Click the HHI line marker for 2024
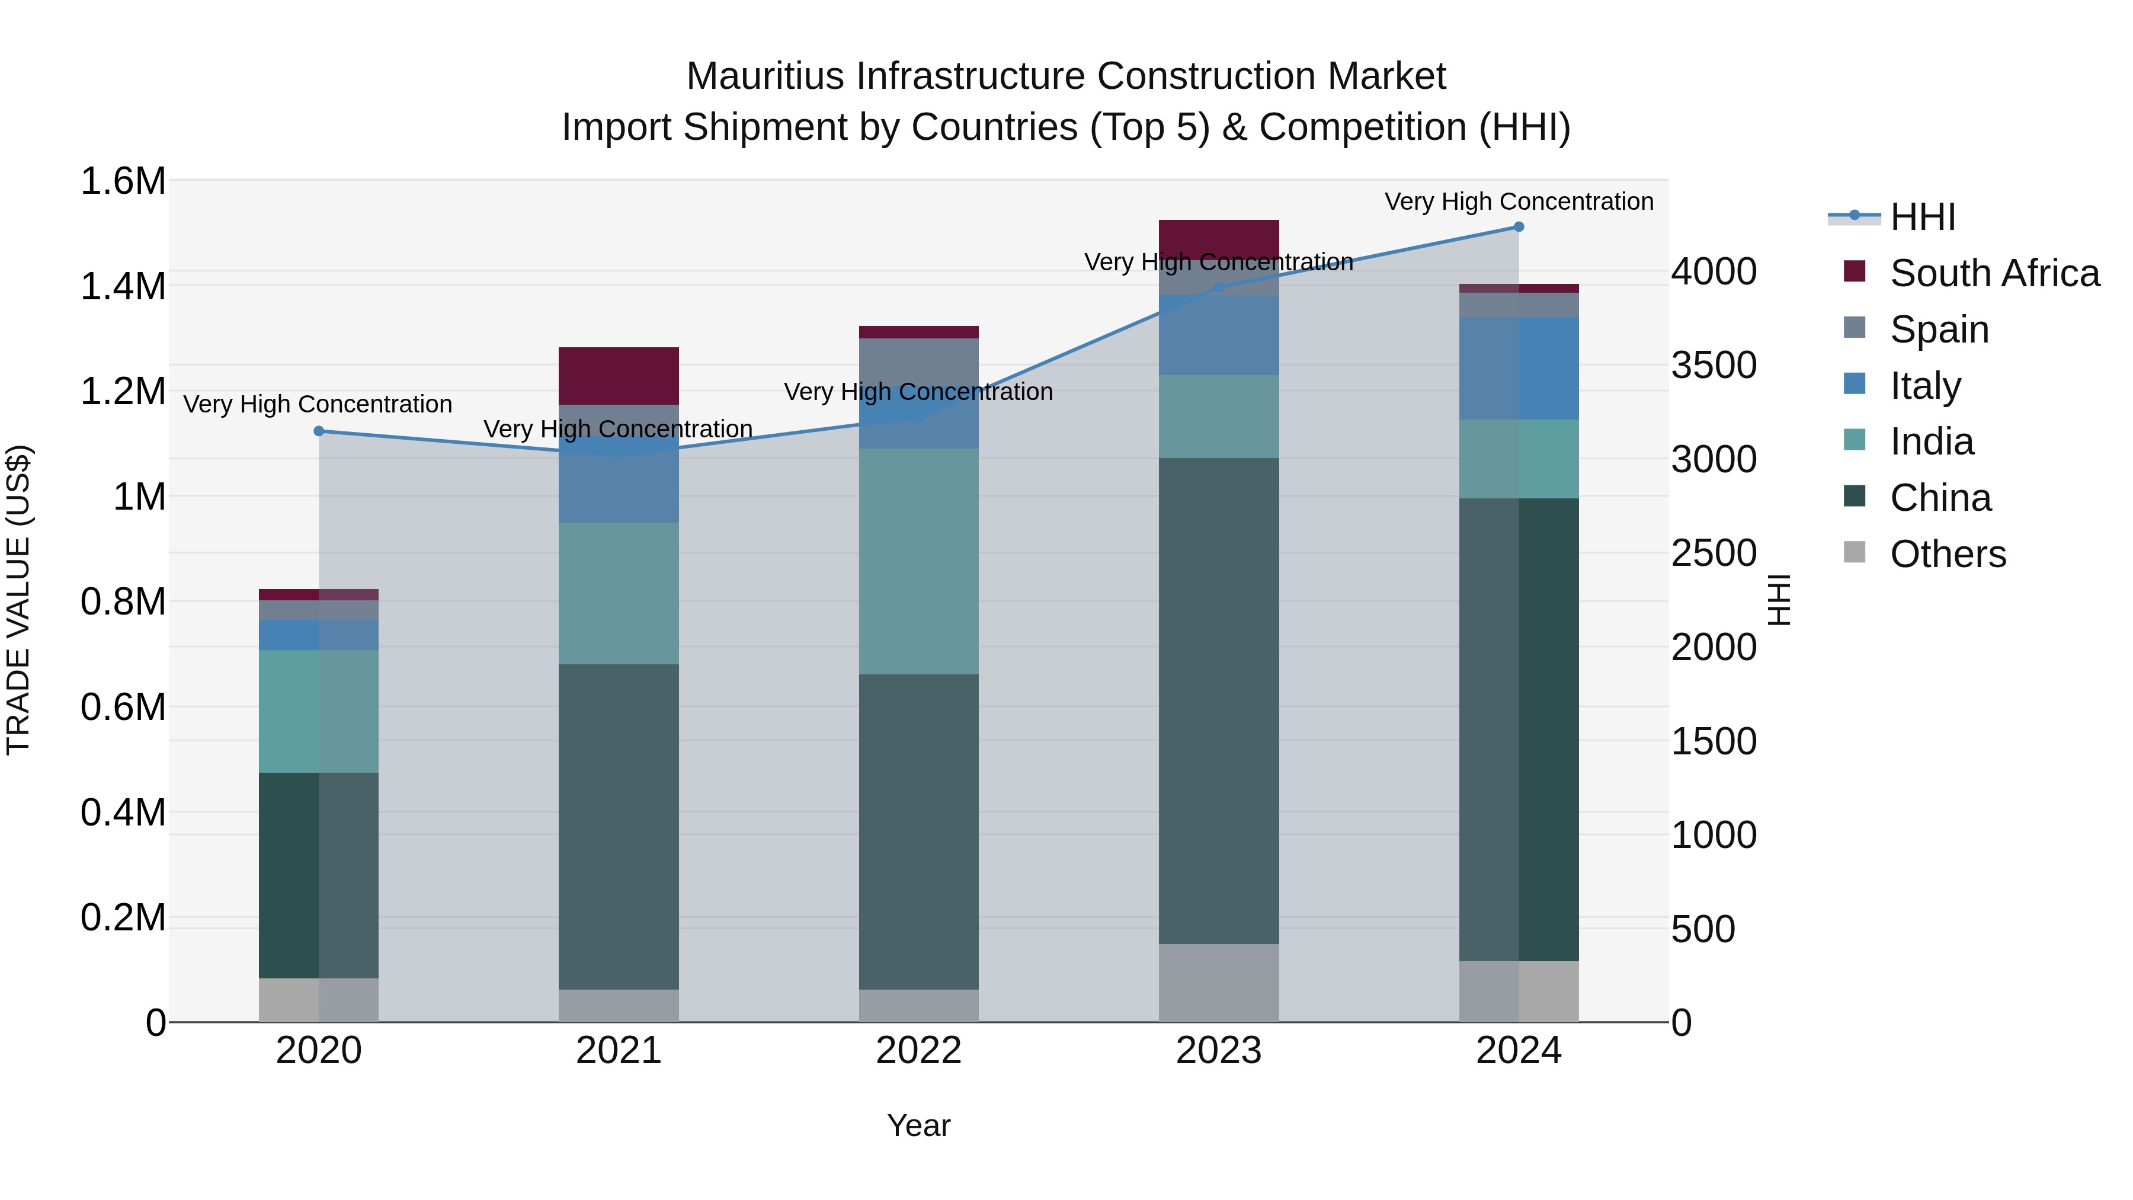(1518, 227)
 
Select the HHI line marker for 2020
(319, 431)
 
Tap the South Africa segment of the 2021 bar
(619, 375)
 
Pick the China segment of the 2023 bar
(1218, 700)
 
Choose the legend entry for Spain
(1939, 329)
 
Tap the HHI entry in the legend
(1922, 217)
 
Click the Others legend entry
(1948, 554)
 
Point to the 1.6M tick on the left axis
(123, 181)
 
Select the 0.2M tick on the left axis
(123, 917)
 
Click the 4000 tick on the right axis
(1713, 271)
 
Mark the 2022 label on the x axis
(918, 1051)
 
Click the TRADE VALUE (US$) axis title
(18, 600)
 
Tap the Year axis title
(918, 1125)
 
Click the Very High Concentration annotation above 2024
(1518, 201)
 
